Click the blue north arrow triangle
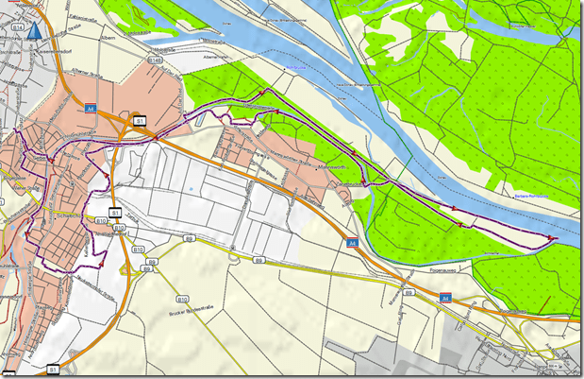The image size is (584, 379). (36, 31)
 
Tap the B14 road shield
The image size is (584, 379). (18, 30)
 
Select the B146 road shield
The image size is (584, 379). (156, 61)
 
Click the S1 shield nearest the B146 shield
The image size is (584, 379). (141, 121)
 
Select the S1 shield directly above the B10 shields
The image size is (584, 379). (115, 212)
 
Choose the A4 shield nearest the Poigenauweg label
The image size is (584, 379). (445, 299)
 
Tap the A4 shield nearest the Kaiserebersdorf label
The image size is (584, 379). (92, 108)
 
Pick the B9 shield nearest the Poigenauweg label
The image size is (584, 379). (408, 294)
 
